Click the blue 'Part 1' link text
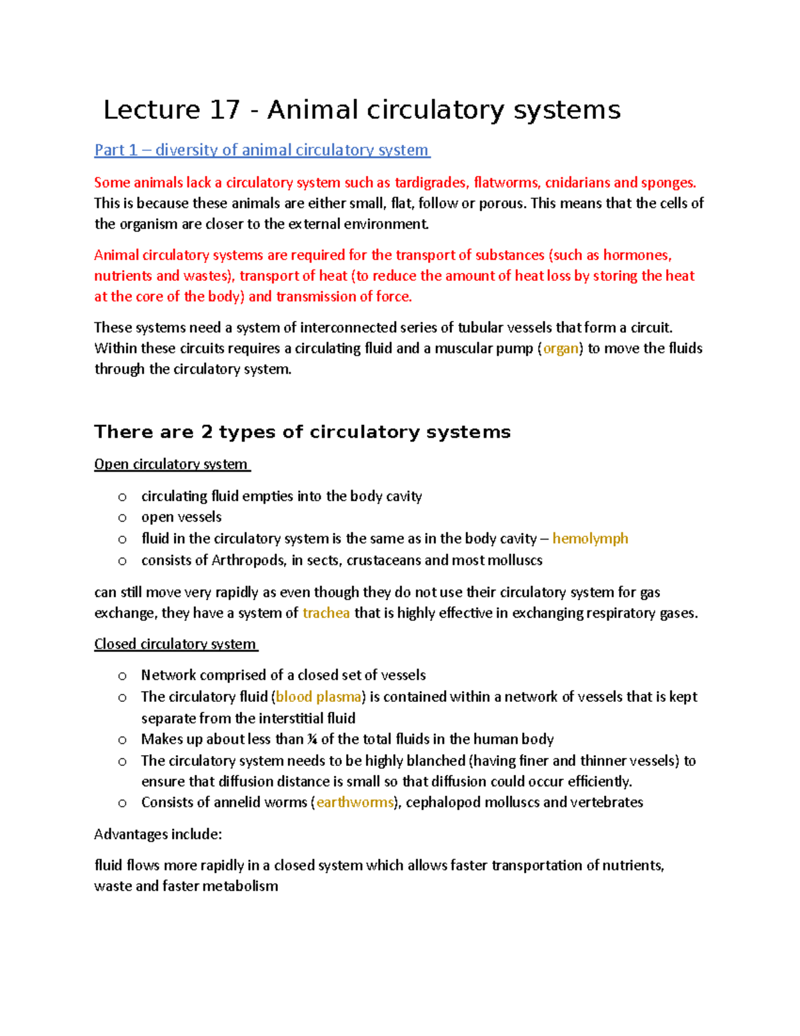pos(116,150)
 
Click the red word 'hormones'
pos(637,255)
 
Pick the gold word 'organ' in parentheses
pos(561,348)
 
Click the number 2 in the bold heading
pos(207,432)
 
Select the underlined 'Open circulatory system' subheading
pos(171,464)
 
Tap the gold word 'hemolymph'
pos(590,538)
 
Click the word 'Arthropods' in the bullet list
pos(249,560)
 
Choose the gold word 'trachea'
pos(326,613)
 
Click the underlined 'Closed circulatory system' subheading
pos(175,644)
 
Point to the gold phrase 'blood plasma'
pos(318,697)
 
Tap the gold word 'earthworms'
pos(355,803)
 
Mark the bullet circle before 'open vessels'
pos(122,518)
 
